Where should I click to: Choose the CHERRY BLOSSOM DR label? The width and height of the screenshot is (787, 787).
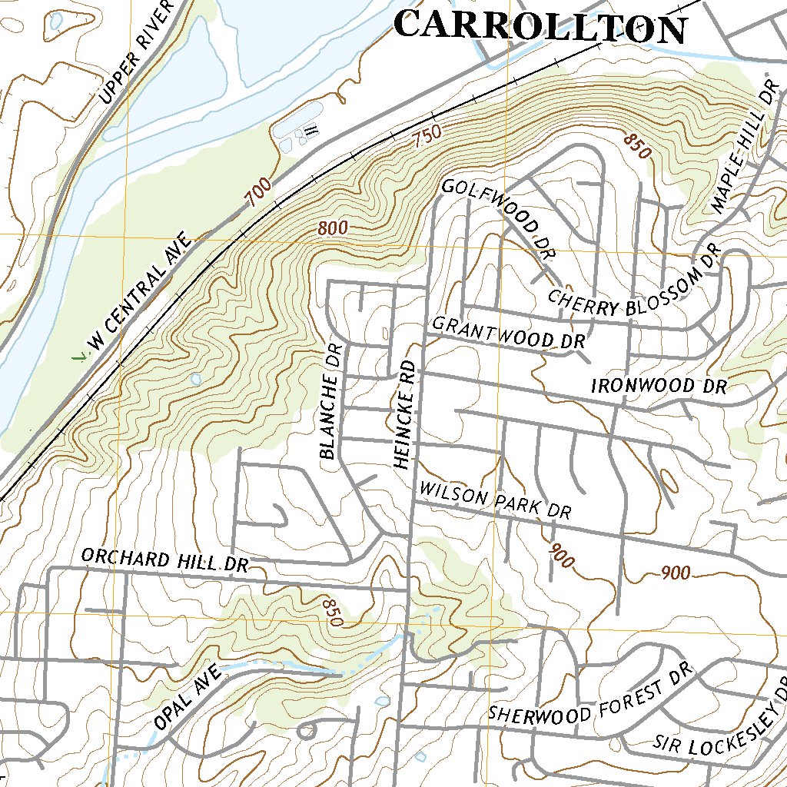(632, 284)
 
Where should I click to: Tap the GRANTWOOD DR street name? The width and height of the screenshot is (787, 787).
(509, 334)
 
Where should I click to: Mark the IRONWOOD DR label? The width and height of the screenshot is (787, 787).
(659, 386)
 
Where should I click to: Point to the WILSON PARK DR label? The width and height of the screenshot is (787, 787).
(496, 500)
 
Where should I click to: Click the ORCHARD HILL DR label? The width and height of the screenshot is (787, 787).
(164, 560)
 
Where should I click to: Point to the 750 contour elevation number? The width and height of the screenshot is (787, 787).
(427, 138)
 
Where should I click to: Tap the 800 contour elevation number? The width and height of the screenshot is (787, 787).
(332, 228)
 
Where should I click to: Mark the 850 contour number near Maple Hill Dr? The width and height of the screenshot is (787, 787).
(638, 146)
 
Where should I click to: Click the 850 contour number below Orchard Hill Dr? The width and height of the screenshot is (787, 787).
(333, 612)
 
